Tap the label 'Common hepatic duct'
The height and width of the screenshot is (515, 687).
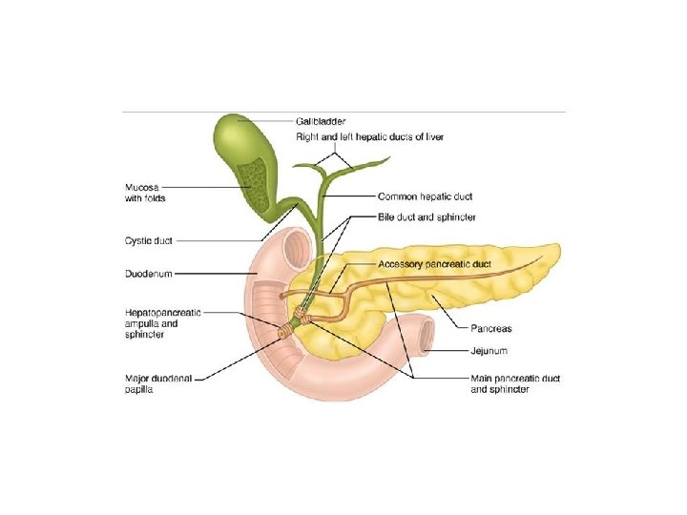click(x=426, y=197)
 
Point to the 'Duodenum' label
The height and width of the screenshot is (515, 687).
click(x=149, y=274)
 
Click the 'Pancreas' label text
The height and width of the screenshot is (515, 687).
click(x=490, y=329)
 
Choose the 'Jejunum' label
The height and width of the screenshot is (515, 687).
click(x=489, y=351)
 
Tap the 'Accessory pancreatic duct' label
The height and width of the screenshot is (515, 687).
click(x=434, y=263)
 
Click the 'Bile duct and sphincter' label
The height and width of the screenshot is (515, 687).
click(x=427, y=217)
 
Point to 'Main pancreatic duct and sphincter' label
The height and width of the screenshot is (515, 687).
click(x=515, y=383)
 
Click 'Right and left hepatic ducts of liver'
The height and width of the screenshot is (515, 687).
click(x=382, y=137)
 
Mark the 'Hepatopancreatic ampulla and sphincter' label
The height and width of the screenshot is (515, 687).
click(x=162, y=322)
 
